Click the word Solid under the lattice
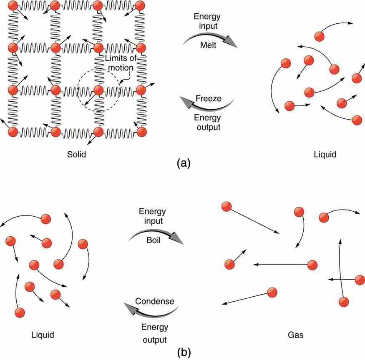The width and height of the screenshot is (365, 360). click(76, 154)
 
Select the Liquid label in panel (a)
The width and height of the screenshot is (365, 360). click(325, 155)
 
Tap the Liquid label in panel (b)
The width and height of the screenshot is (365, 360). click(43, 335)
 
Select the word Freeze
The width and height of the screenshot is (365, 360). click(209, 99)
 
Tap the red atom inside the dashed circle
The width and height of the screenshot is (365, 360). click(98, 90)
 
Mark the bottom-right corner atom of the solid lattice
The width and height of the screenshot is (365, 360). click(141, 132)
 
